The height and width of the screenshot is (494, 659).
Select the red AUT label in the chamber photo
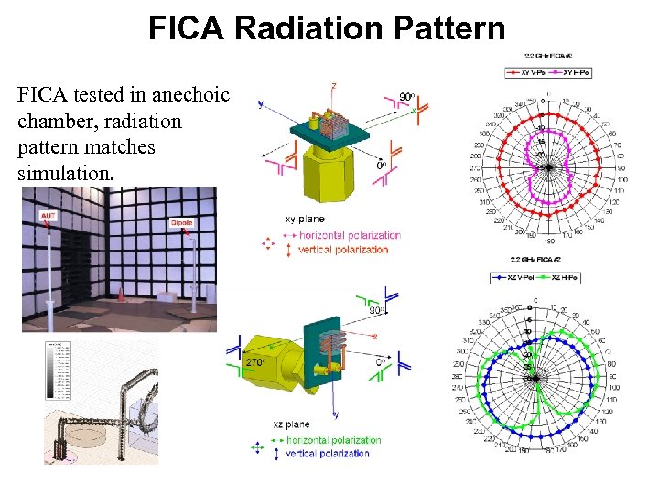click(48, 216)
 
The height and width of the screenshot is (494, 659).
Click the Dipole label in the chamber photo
click(181, 223)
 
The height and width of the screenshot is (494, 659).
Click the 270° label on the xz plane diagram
click(255, 362)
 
